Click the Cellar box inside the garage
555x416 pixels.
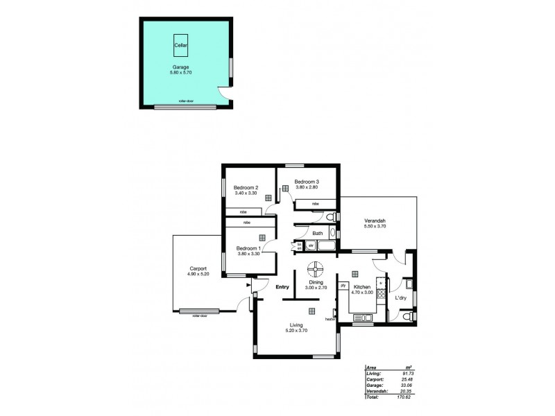click(x=180, y=44)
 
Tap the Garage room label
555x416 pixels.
click(x=181, y=67)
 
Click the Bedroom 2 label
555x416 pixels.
click(x=246, y=188)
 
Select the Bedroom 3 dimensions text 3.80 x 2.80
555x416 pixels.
click(x=305, y=187)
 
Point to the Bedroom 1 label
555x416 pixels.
click(x=248, y=248)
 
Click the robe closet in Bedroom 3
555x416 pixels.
click(x=315, y=204)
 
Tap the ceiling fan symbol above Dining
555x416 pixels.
click(x=316, y=268)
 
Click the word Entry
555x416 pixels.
click(x=282, y=287)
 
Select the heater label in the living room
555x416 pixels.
click(x=330, y=319)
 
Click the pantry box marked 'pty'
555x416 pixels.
click(x=343, y=285)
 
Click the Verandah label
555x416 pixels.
click(x=375, y=220)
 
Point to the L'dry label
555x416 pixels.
click(x=400, y=298)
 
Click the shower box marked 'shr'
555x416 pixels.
click(x=311, y=245)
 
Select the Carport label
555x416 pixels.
click(x=199, y=269)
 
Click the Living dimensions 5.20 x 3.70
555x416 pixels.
click(x=296, y=330)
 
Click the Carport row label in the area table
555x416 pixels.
click(x=374, y=379)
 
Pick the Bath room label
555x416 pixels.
click(x=317, y=234)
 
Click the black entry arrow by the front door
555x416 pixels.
click(x=248, y=285)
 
